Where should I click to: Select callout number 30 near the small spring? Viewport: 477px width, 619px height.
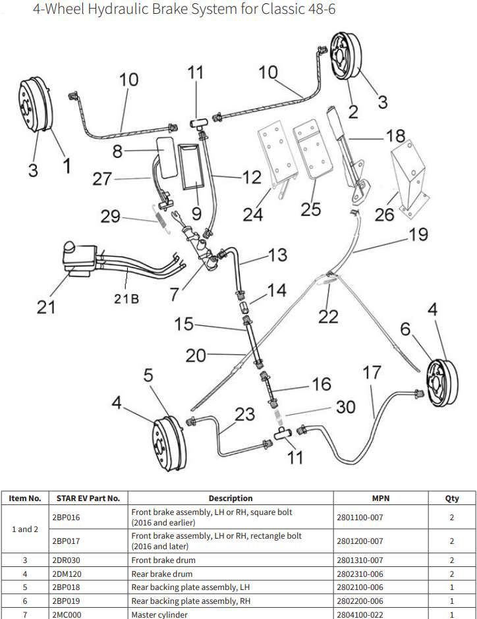point(345,407)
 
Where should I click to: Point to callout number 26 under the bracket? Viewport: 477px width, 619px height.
point(385,214)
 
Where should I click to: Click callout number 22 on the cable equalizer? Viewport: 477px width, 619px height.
point(328,317)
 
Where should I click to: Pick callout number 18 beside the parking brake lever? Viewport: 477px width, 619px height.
point(395,136)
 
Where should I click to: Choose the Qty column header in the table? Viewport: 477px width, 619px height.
point(452,498)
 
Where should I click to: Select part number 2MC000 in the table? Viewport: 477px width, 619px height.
point(66,614)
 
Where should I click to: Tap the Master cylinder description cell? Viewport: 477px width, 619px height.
point(159,614)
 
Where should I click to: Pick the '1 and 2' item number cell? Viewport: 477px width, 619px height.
point(25,529)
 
